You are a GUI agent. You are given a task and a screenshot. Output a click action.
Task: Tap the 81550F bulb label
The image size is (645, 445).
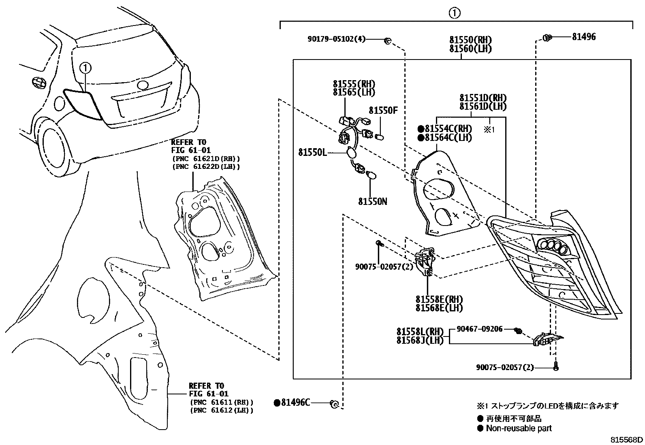click(x=383, y=110)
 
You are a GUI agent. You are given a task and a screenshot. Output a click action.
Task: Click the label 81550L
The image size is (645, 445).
click(x=313, y=152)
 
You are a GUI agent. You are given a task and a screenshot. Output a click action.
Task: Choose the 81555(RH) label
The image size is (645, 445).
click(x=354, y=84)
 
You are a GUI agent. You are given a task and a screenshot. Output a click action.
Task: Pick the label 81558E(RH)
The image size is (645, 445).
click(x=439, y=300)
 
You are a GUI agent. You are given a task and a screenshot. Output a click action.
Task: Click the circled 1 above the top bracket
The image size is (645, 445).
click(x=455, y=13)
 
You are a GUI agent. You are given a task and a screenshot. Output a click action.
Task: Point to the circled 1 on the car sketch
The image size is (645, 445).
click(x=85, y=67)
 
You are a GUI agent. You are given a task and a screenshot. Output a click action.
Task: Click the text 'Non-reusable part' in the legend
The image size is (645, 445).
click(x=519, y=428)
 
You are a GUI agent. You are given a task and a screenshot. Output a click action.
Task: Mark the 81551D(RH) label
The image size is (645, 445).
click(x=483, y=98)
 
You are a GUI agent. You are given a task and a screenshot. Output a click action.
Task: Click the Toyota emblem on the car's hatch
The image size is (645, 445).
click(x=143, y=85)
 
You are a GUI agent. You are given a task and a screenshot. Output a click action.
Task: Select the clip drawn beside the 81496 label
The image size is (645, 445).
click(x=547, y=38)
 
